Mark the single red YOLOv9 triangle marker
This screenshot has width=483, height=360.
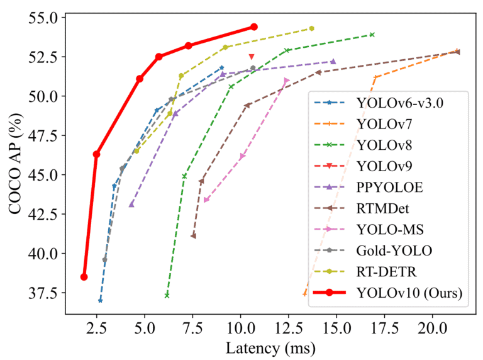tap(252, 57)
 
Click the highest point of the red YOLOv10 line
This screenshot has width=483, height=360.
tap(254, 26)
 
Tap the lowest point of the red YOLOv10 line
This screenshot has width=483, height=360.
tap(84, 277)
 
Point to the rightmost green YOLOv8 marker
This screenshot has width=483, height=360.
tap(372, 35)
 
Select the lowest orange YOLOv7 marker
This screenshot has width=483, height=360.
tap(305, 293)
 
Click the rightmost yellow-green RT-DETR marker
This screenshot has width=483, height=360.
tap(312, 28)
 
